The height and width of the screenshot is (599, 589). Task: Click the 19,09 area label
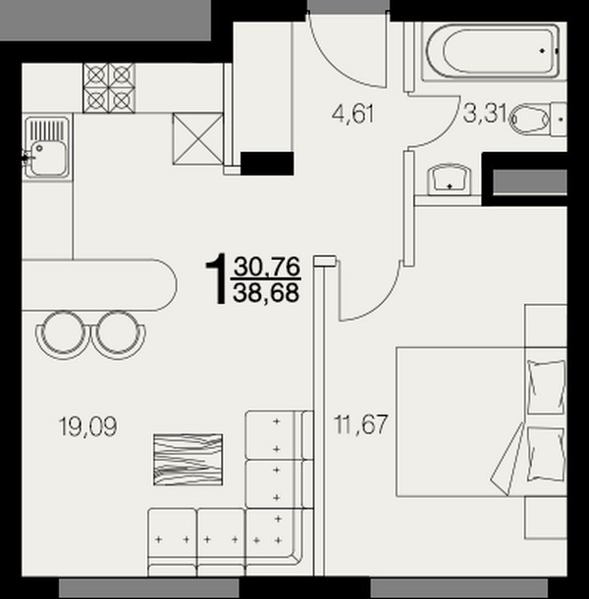coord(88,426)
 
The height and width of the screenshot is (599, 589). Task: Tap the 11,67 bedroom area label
coord(361,424)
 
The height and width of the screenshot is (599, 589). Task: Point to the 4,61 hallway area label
coord(353,114)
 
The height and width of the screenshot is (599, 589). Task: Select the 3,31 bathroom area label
coord(485,114)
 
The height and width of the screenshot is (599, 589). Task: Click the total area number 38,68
coord(266,293)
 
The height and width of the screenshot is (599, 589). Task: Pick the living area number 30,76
coord(267,267)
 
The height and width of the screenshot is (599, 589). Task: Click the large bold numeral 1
coord(217,278)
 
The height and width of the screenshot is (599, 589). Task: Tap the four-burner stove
coord(109,88)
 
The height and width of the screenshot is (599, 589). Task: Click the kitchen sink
coord(47,147)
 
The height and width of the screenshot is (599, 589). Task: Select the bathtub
coord(494,52)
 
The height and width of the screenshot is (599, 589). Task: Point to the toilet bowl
coord(530,119)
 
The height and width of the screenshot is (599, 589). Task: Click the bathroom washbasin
coord(449,179)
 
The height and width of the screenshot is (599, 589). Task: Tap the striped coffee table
coord(187,460)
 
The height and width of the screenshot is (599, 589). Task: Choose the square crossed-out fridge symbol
coord(197,138)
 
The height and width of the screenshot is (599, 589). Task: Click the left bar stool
coord(64,334)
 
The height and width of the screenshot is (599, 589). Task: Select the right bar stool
coord(118,334)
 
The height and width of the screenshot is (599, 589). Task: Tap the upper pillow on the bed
coord(546,386)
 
